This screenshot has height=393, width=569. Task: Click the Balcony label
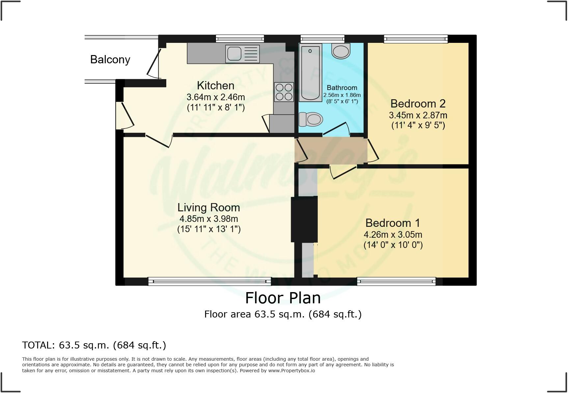(x=110, y=59)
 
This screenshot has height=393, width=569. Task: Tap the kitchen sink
(x=242, y=54)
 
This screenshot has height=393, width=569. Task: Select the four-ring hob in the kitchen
(x=284, y=92)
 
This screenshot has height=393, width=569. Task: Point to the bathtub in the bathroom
(x=310, y=72)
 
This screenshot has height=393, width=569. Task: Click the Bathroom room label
(x=342, y=88)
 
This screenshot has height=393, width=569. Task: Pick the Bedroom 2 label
(x=418, y=104)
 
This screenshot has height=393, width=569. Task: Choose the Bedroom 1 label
(x=393, y=223)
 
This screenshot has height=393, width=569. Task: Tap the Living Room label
(x=209, y=207)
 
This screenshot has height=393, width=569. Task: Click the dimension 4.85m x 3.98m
(x=209, y=219)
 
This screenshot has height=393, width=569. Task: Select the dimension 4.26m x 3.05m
(x=393, y=235)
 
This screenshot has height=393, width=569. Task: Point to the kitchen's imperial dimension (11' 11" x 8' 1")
(x=216, y=107)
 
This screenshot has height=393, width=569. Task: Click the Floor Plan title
(x=283, y=298)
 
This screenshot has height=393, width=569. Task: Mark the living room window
(x=209, y=281)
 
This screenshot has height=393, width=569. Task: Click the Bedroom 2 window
(x=416, y=39)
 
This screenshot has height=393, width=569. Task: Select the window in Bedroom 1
(x=396, y=281)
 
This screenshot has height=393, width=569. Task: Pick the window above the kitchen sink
(x=240, y=39)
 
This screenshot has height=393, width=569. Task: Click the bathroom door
(x=337, y=129)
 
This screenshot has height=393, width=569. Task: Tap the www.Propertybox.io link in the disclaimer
(x=291, y=371)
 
